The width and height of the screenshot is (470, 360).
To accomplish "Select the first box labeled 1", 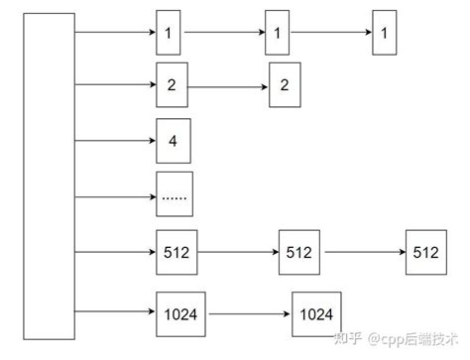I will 169,34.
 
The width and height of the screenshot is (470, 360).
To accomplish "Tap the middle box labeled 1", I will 278,34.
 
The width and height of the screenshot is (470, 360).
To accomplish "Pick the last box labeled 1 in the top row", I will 384,34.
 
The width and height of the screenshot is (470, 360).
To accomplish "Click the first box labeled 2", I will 173,83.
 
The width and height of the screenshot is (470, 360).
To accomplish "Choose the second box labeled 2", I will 284,86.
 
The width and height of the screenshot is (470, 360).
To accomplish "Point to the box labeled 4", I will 173,140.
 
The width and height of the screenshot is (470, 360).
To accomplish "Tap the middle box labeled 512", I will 298,252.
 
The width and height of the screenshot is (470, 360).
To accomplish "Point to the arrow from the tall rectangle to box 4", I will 115,140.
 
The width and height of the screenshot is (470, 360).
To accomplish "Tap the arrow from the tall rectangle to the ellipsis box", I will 115,195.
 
